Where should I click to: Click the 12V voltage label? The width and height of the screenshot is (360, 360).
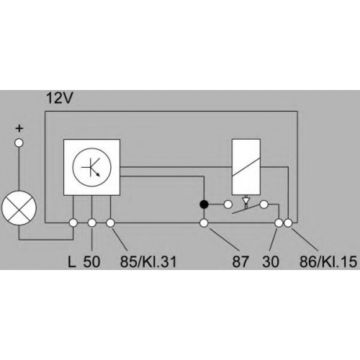pos(59,98)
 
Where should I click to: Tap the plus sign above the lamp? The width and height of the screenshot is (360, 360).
pos(19,129)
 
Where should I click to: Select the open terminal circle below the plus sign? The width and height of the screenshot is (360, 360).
pos(19,143)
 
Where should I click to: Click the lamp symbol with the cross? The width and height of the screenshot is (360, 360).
pos(19,207)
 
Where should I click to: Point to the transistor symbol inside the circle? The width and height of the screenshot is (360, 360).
pos(92,167)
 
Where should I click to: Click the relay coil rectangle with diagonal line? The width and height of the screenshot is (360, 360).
pos(246,167)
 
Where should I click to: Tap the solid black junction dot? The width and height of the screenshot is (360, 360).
pos(204,204)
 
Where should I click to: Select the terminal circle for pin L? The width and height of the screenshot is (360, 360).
pos(73,223)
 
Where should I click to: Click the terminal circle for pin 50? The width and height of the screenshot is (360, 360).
pos(91,223)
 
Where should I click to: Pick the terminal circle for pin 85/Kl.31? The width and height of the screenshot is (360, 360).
pos(110,223)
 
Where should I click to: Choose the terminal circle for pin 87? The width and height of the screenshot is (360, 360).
pos(204,223)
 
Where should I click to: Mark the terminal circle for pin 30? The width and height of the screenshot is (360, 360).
pos(279,223)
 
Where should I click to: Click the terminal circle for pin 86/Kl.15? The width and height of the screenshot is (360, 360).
pos(288,223)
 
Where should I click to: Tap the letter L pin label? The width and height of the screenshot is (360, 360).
pos(71,261)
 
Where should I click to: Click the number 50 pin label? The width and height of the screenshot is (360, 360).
pos(91,261)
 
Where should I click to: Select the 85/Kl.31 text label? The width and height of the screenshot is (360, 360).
pos(148,261)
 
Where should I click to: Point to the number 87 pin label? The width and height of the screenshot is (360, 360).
pos(240,261)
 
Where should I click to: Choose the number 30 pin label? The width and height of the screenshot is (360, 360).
pos(271,261)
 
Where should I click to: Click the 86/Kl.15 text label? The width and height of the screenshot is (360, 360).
pos(328,261)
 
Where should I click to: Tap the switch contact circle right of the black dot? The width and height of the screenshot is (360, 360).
pos(228,204)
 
